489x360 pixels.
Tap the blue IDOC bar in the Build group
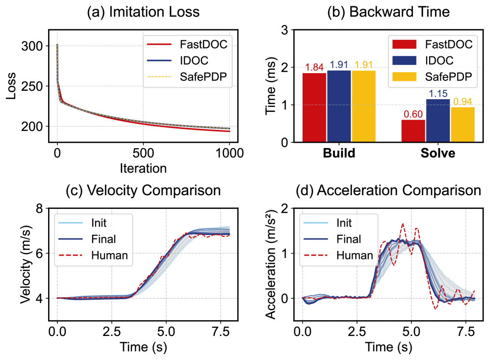(x=339, y=106)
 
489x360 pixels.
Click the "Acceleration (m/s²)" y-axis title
(x=270, y=264)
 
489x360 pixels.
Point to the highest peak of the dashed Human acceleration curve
(x=403, y=224)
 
